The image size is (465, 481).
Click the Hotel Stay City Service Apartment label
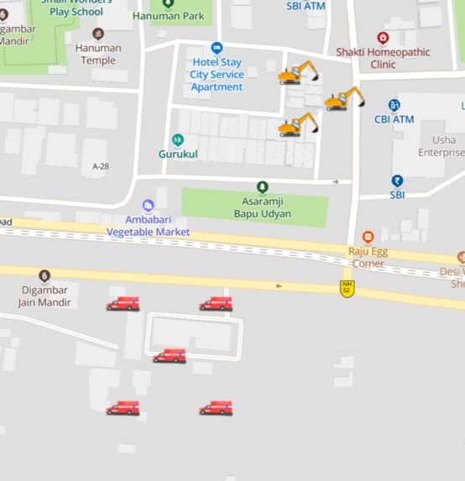217,75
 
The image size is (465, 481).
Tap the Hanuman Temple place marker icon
98,34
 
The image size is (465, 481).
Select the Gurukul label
178,154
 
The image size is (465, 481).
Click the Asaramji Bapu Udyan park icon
263,187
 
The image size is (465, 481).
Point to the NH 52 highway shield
346,287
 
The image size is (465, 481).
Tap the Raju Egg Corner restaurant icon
368,238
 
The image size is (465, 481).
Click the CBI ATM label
394,119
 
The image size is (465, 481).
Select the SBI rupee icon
397,180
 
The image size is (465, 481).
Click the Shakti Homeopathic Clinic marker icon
383,38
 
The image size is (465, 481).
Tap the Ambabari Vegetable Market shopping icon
149,206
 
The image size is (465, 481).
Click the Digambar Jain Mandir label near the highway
44,296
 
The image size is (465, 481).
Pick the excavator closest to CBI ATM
344,99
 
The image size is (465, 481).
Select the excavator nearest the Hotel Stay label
298,73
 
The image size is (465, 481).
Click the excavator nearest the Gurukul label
298,125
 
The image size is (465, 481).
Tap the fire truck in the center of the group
170,356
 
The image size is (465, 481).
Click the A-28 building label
100,166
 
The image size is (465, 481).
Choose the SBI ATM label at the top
306,6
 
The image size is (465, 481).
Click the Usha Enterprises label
442,146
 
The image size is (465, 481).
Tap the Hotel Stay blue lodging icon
217,48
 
